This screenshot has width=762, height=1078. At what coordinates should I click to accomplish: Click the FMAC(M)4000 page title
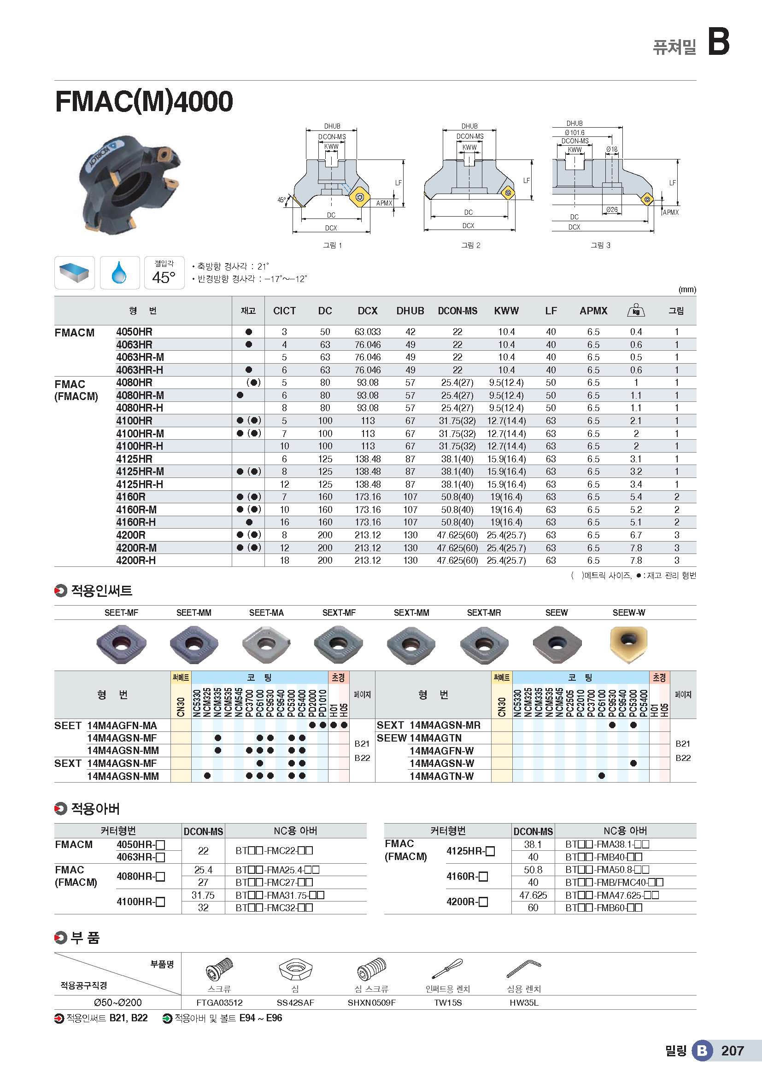coord(144,101)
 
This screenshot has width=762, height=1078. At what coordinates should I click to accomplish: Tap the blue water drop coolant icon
coord(119,272)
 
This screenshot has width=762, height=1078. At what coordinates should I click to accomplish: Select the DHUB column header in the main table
coord(410,311)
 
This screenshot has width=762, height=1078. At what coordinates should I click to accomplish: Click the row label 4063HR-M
coord(140,357)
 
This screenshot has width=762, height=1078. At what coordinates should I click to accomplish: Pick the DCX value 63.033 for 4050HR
coord(367,332)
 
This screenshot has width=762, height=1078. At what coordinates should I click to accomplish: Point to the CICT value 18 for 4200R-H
coord(284,560)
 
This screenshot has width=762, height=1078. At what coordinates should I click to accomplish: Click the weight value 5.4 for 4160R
coord(636,497)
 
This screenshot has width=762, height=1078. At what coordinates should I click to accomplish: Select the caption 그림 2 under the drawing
coord(471,245)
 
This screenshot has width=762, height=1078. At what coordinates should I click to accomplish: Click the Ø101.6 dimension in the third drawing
coord(574,133)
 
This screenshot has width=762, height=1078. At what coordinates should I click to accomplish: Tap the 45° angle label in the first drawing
coord(281,200)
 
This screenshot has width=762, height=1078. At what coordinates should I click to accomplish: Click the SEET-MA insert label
coord(266,613)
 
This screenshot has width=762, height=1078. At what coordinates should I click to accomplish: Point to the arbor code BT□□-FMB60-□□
coord(604,907)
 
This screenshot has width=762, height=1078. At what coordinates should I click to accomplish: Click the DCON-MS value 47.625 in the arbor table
coord(533,895)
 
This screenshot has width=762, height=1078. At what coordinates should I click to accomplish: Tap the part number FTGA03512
coord(219,1002)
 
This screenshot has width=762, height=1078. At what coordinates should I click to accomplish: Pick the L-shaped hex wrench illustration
coord(524,968)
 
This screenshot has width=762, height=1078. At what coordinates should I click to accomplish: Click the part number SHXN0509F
coord(371,1002)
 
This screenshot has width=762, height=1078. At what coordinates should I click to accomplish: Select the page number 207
coord(733,1051)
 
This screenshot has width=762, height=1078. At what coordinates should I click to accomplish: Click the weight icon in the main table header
coord(636,310)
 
